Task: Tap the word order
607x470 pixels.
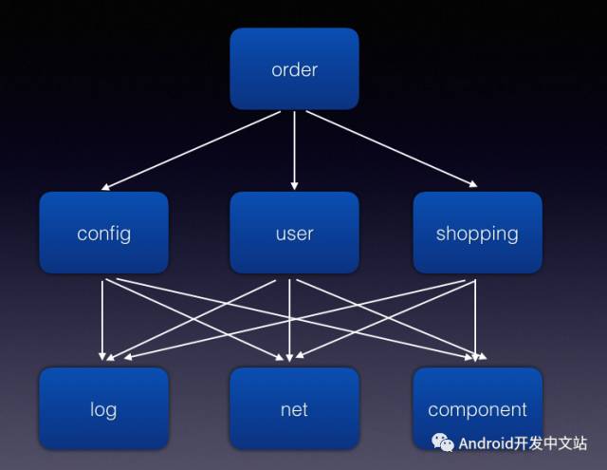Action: pos(294,69)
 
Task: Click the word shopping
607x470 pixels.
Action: pos(477,234)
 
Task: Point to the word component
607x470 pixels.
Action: pos(477,410)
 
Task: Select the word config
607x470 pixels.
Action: pos(103,234)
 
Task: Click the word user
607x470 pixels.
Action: pos(294,234)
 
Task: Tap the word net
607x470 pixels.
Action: pos(294,410)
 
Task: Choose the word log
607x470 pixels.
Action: pos(103,410)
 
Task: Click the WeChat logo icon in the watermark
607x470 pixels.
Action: pos(443,443)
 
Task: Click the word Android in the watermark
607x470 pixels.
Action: pos(487,443)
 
